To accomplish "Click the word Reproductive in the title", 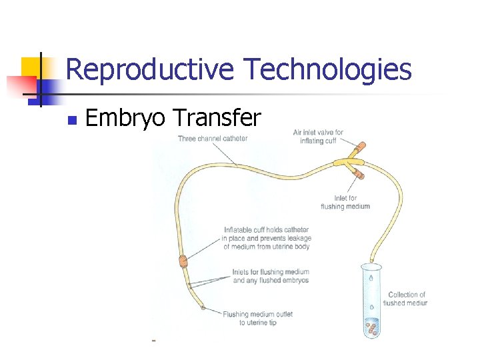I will pos(150,69).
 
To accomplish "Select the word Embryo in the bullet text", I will pos(125,118).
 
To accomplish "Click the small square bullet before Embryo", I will pos(72,121).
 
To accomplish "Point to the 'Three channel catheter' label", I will pos(213,139).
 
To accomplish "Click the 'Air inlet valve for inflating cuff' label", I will pos(318,137).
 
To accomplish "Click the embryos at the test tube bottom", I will pos(371,327).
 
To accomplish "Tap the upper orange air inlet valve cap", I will pos(361,145).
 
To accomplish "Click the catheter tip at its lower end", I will pos(205,309).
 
